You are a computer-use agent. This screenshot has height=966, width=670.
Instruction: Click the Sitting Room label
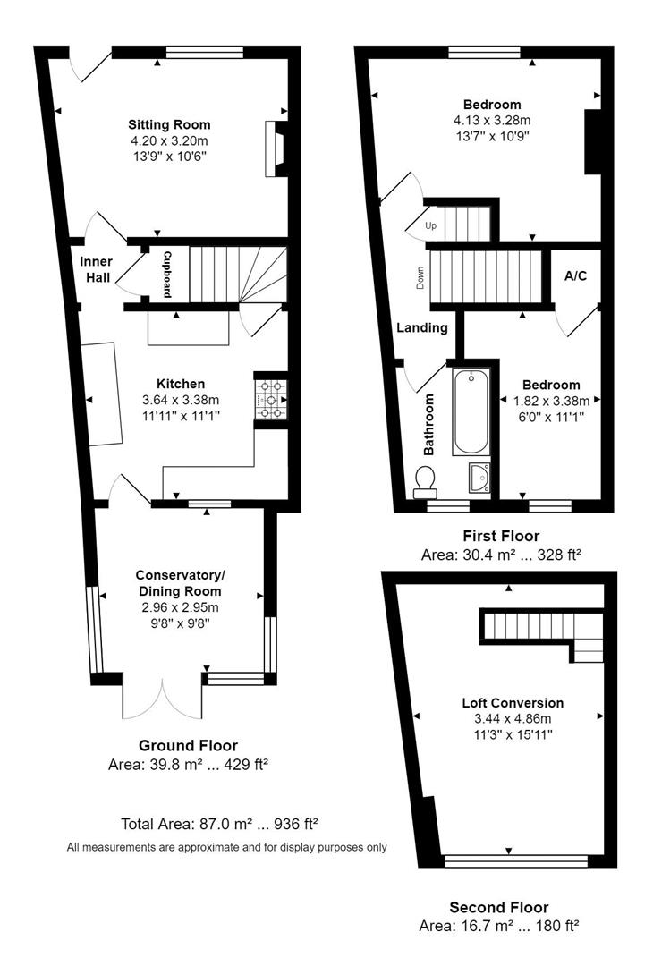tap(169, 124)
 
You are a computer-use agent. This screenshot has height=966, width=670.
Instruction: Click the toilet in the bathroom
tap(426, 483)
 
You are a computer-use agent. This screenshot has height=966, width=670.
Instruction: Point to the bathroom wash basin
tap(479, 479)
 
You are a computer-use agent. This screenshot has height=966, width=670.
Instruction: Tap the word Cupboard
tap(166, 274)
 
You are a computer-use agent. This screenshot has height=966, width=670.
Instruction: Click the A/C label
tap(575, 275)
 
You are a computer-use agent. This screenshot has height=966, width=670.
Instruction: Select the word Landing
tap(422, 327)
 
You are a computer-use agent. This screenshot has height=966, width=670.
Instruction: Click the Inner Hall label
tap(96, 269)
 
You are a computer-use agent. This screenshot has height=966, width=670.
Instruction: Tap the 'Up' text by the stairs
tap(430, 225)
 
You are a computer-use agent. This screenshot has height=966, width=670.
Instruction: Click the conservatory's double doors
tap(164, 699)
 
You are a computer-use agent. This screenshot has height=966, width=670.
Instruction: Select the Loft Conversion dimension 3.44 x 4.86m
tap(513, 718)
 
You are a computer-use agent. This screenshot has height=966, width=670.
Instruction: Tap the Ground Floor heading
tap(188, 745)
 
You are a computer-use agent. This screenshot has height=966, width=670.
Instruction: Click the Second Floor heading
tap(499, 907)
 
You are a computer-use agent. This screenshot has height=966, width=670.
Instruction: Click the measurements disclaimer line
tap(226, 846)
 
